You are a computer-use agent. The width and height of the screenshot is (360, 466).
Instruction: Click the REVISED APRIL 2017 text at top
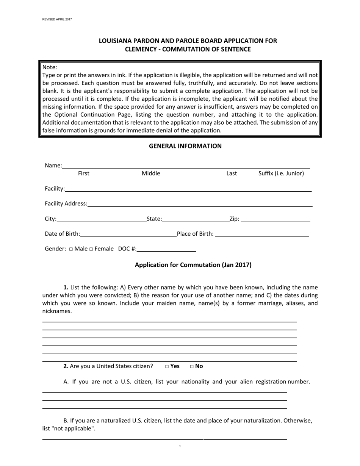click(x=57, y=19)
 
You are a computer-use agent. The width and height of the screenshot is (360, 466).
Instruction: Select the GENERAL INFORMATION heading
click(x=185, y=146)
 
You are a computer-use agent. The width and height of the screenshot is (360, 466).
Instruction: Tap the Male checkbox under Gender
click(x=71, y=249)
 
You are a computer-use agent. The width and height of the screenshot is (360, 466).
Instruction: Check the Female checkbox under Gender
click(x=91, y=249)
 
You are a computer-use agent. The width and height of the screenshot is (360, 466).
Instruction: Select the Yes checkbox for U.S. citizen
click(x=167, y=366)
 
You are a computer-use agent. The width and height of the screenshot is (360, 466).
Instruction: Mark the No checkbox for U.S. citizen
click(x=192, y=366)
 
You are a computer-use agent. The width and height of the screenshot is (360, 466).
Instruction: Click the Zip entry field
click(x=275, y=219)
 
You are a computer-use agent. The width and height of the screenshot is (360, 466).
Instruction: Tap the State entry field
click(x=195, y=219)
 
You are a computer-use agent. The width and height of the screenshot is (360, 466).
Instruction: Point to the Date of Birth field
click(x=128, y=234)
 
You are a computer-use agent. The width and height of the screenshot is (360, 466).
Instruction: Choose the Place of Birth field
click(x=262, y=234)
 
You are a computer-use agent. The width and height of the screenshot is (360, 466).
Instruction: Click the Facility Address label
click(x=66, y=203)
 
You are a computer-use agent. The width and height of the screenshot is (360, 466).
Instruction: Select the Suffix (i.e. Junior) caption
click(x=281, y=174)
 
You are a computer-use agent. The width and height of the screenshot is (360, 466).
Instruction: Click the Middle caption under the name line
click(x=151, y=174)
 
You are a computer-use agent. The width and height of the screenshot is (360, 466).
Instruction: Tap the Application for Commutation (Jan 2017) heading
click(x=193, y=265)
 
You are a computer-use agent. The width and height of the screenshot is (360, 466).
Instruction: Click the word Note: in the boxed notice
click(x=50, y=67)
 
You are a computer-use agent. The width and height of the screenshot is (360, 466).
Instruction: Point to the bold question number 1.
click(x=66, y=287)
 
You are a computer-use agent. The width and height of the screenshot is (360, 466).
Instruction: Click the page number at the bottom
click(x=180, y=446)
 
